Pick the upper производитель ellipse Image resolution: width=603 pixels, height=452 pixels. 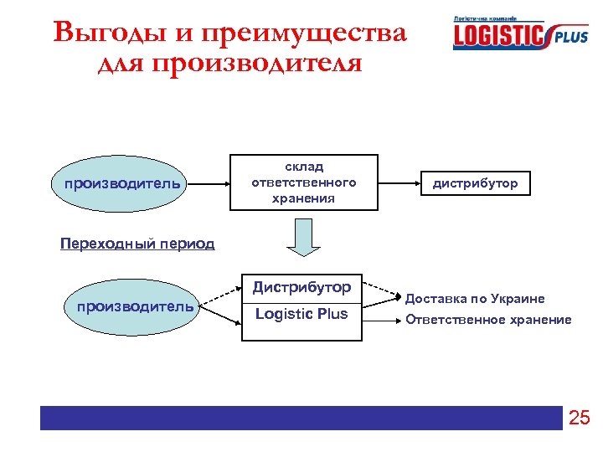click(x=116, y=183)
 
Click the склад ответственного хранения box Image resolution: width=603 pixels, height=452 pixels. click(x=303, y=182)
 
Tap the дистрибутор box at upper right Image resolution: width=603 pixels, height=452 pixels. click(x=475, y=182)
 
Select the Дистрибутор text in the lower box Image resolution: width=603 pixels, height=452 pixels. click(x=302, y=287)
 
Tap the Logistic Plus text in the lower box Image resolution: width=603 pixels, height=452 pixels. click(x=302, y=314)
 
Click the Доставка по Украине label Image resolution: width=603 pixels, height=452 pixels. click(x=475, y=299)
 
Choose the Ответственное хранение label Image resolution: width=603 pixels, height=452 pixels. click(x=488, y=319)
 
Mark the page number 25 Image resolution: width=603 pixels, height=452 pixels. click(x=580, y=418)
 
